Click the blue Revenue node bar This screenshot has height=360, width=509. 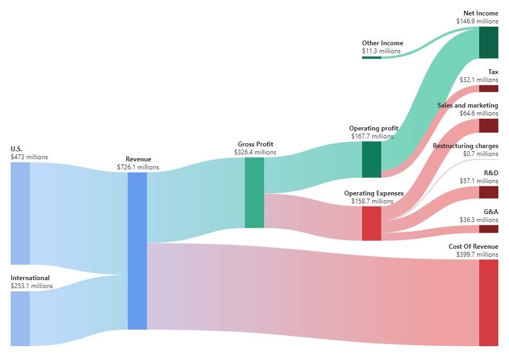point(137,251)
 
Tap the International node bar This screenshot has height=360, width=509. point(20,318)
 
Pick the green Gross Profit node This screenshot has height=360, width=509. point(254,192)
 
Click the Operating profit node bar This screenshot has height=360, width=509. point(371,159)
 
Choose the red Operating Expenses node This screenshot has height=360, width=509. point(371,223)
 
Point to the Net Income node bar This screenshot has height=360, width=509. point(488,42)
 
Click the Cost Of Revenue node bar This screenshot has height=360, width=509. point(488,302)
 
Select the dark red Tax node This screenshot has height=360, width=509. point(488,88)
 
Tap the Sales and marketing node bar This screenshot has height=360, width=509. point(488,126)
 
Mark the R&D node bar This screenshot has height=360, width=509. point(488,192)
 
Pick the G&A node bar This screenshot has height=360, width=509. point(488,229)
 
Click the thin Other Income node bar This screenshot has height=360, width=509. point(371,57)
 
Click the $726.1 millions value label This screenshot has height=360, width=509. point(138,167)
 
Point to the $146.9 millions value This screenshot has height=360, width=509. point(477,21)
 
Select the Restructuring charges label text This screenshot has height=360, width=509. point(465,146)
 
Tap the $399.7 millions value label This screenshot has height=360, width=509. point(477,255)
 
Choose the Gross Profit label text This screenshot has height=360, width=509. point(255,144)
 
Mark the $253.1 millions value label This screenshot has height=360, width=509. point(31,286)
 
